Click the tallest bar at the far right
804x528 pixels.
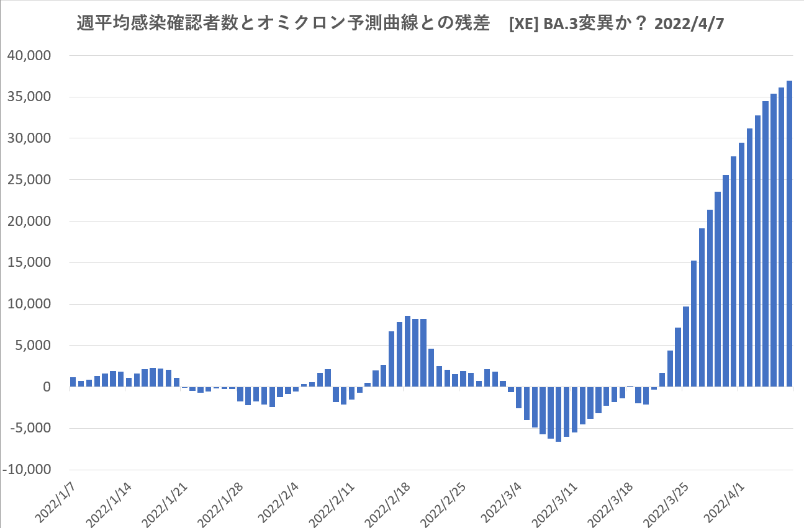tap(789, 233)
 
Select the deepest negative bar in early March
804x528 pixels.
tap(558, 414)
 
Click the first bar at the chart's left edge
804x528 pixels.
tap(73, 382)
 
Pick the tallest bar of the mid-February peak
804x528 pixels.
tap(407, 351)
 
